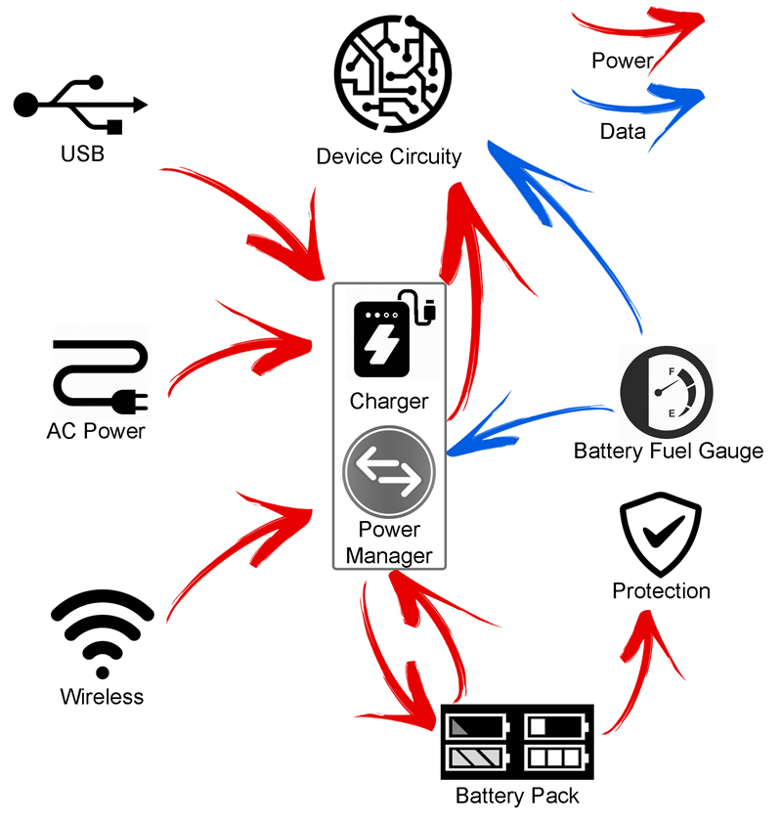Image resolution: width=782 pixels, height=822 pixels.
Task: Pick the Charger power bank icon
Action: [x=390, y=338]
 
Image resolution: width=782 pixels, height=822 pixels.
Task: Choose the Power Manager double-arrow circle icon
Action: [x=389, y=472]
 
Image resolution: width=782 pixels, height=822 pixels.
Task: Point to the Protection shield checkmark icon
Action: [x=661, y=539]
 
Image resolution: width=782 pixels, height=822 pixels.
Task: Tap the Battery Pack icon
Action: [x=517, y=741]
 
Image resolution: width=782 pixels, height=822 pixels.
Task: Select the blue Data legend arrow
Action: [x=645, y=100]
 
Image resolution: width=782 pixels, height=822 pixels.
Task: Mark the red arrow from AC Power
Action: [x=244, y=348]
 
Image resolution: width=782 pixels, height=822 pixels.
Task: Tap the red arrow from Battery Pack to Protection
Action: [x=635, y=665]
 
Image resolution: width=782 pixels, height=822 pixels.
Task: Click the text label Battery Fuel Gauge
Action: [x=668, y=452]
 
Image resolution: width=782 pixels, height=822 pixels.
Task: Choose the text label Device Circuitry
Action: [x=389, y=156]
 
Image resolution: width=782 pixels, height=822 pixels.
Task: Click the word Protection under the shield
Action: [x=661, y=591]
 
